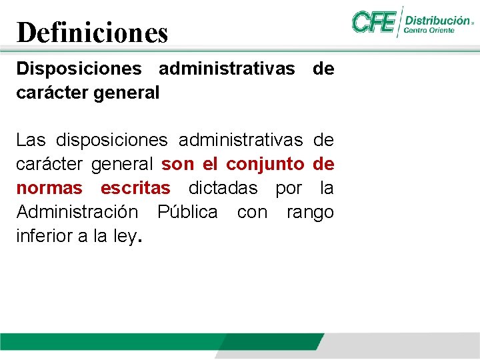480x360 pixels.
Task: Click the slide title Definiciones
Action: [x=92, y=32]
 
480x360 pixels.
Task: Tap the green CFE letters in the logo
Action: [x=373, y=22]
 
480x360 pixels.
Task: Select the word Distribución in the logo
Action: [x=437, y=21]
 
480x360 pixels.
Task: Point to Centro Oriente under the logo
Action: [x=429, y=31]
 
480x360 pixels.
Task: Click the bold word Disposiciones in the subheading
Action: [x=79, y=69]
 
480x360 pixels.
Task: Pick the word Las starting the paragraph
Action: [x=31, y=141]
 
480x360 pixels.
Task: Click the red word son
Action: [x=177, y=164]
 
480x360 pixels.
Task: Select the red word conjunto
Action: [x=265, y=164]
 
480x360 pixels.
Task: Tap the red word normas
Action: [x=49, y=188]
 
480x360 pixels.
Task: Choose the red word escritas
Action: [x=135, y=188]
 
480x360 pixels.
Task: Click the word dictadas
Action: [x=223, y=188]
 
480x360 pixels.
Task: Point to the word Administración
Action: [x=77, y=212]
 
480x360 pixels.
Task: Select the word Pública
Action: [x=187, y=212]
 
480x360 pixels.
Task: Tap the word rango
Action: [x=310, y=212]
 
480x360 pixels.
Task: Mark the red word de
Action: [x=323, y=164]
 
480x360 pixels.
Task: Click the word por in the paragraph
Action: [x=289, y=189]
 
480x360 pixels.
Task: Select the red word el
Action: [x=209, y=164]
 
